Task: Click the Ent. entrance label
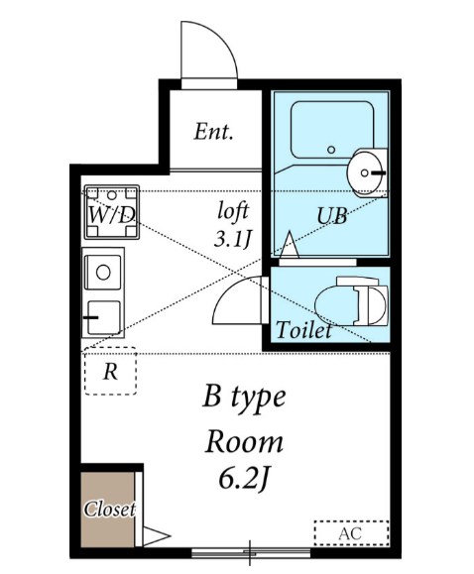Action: (x=213, y=131)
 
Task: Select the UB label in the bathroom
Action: (x=332, y=215)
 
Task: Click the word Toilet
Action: (x=303, y=331)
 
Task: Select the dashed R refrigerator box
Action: (x=111, y=373)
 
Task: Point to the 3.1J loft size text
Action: (x=233, y=238)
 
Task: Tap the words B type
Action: (x=244, y=399)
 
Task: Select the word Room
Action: (x=244, y=440)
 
